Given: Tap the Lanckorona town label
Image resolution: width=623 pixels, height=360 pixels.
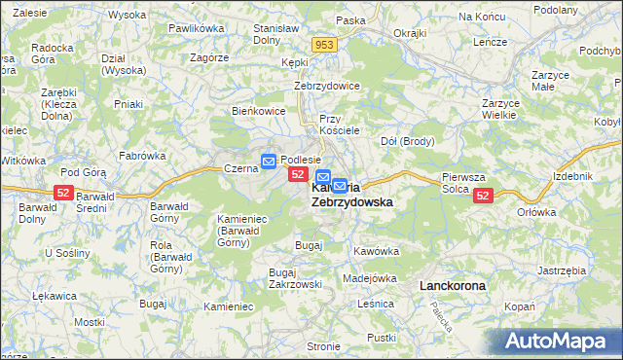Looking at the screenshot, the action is pyautogui.click(x=452, y=286).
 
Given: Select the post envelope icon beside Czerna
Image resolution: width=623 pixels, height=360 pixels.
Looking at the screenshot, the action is pyautogui.click(x=268, y=159).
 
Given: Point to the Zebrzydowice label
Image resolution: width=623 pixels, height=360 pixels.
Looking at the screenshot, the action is pyautogui.click(x=327, y=86).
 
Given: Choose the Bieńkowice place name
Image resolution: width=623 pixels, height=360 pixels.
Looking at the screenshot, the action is pyautogui.click(x=258, y=111).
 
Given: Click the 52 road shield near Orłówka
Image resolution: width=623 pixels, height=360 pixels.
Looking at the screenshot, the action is pyautogui.click(x=483, y=196).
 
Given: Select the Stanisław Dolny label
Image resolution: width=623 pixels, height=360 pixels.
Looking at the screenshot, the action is pyautogui.click(x=275, y=35).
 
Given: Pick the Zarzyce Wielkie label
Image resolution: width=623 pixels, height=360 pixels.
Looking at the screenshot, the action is pyautogui.click(x=503, y=108).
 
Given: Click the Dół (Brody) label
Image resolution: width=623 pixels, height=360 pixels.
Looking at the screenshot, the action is pyautogui.click(x=407, y=141).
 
